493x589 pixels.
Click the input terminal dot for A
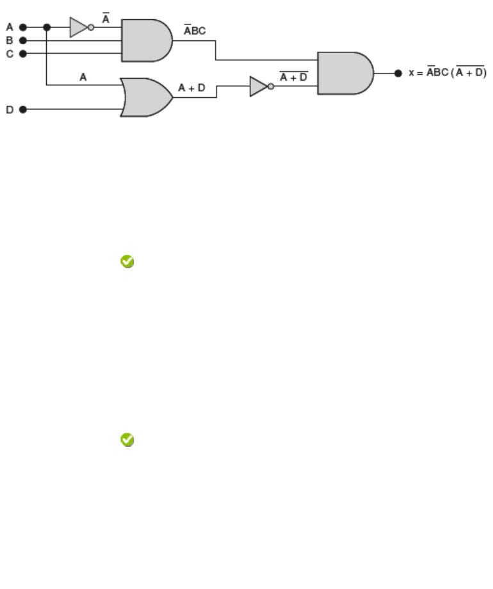[23, 28]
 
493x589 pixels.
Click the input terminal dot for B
[23, 40]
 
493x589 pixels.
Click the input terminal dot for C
[23, 53]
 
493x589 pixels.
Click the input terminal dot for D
[23, 109]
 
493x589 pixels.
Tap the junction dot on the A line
[47, 28]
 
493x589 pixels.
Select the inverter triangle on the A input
[78, 28]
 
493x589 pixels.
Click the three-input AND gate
[145, 40]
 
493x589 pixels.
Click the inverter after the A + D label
[259, 86]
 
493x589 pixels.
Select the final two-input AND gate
[344, 73]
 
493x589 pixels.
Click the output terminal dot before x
[398, 73]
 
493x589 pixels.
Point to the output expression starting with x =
[448, 72]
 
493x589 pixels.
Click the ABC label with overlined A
[195, 29]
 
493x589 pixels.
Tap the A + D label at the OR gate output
[191, 87]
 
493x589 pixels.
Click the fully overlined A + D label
[293, 77]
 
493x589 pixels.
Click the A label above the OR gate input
[83, 77]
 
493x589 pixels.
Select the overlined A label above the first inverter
[106, 20]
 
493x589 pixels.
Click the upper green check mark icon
[127, 261]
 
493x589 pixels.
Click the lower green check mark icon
[127, 440]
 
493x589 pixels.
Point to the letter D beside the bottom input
[10, 110]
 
